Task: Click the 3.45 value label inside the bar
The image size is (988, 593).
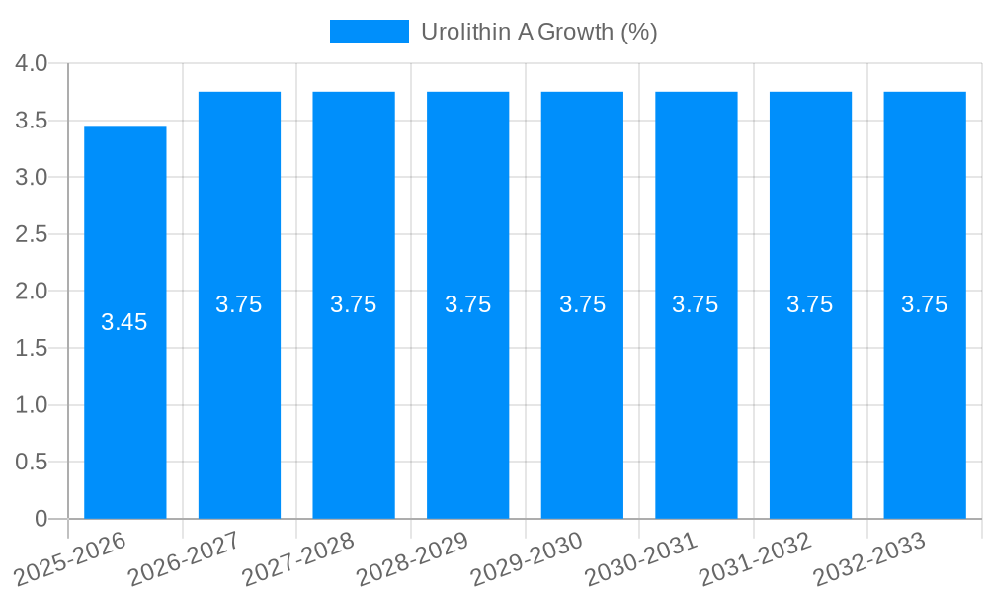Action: click(x=124, y=322)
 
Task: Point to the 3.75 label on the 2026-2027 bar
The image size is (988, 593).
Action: click(x=239, y=304)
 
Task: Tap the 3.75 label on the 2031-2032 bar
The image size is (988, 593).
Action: click(x=810, y=304)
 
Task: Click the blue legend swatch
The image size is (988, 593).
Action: click(x=369, y=32)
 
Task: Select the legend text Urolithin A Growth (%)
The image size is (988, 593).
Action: click(x=538, y=32)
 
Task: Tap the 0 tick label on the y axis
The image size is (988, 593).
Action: click(x=41, y=519)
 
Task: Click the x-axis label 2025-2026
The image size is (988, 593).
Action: click(x=71, y=555)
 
